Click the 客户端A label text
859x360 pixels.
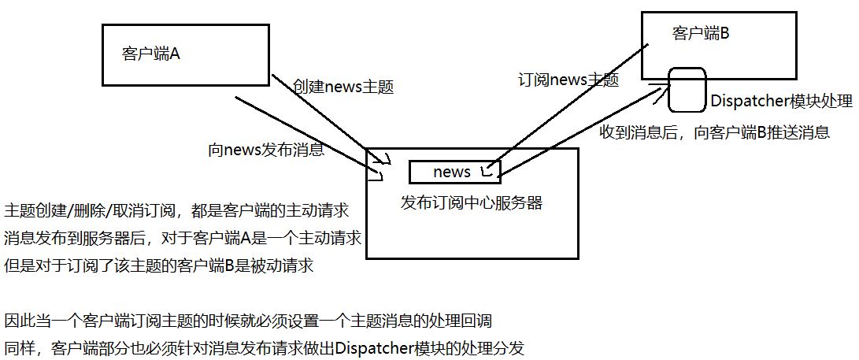click(x=152, y=54)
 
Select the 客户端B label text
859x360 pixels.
click(x=701, y=33)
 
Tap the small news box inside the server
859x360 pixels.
click(x=452, y=172)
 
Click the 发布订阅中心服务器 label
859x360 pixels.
click(x=472, y=202)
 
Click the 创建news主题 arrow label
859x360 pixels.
click(x=342, y=86)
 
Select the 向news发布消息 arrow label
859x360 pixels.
click(x=265, y=150)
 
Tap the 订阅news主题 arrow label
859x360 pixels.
click(x=567, y=80)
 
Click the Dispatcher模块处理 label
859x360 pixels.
click(x=781, y=102)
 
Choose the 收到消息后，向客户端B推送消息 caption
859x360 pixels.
click(x=714, y=132)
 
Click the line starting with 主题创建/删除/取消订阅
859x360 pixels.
click(x=176, y=211)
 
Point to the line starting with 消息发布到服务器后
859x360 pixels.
click(x=182, y=238)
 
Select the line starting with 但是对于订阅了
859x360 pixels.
click(x=159, y=265)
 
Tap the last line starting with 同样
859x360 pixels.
click(x=265, y=347)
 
